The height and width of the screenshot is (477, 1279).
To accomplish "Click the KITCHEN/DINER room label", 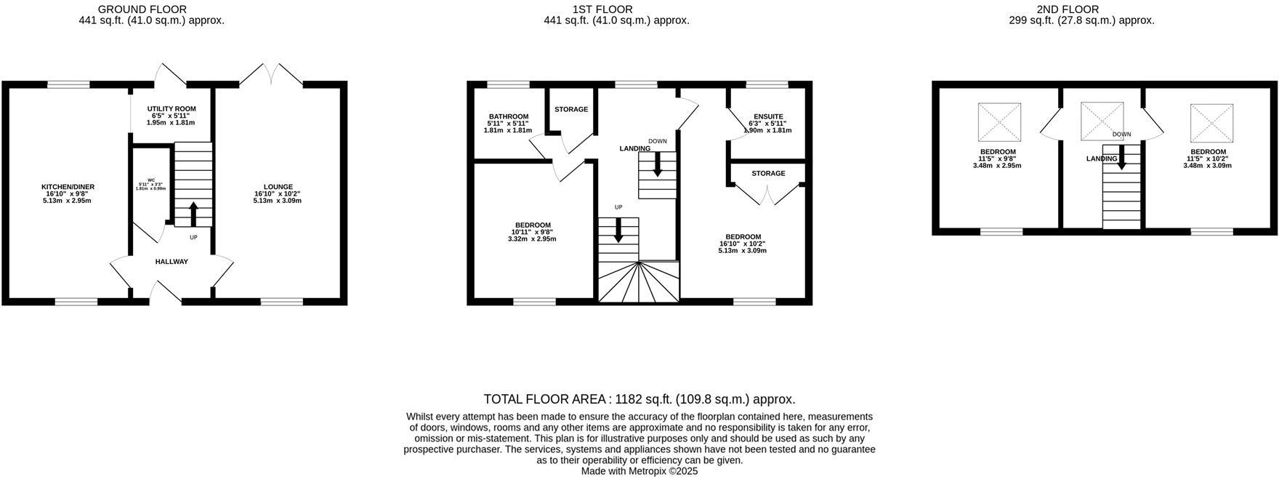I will (x=68, y=187).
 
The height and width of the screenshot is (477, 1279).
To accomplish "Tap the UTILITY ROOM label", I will (x=172, y=109).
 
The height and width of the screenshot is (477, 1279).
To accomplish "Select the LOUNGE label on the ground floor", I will (x=278, y=187).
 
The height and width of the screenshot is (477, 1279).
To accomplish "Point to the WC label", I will (x=151, y=180).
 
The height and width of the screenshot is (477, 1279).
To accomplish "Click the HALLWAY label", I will (x=172, y=262).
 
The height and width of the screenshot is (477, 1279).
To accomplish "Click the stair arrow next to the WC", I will (x=193, y=215).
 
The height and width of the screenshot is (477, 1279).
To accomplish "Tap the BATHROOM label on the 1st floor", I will (x=508, y=116).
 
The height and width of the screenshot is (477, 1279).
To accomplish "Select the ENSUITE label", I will (x=768, y=116).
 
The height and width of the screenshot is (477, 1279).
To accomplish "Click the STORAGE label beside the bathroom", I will (x=571, y=110).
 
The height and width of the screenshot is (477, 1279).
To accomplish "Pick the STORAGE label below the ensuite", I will (x=768, y=174).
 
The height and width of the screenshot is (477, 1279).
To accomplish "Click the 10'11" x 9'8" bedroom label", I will (x=533, y=225).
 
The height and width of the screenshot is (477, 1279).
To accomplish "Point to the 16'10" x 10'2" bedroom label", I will (x=743, y=237).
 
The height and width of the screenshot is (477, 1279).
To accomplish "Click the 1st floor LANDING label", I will (x=634, y=149).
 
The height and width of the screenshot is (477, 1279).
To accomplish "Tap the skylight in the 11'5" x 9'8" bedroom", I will (x=1000, y=122).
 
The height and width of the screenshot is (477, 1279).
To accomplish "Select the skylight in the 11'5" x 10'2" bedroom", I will (x=1211, y=122).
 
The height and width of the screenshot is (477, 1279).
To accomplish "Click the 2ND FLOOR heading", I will (x=1068, y=9).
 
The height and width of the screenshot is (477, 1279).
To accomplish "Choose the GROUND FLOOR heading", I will (x=142, y=9).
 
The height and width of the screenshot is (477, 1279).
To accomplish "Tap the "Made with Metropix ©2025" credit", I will (x=639, y=471).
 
